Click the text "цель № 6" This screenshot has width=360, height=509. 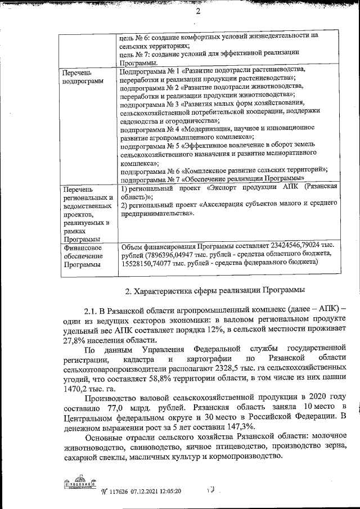136,35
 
